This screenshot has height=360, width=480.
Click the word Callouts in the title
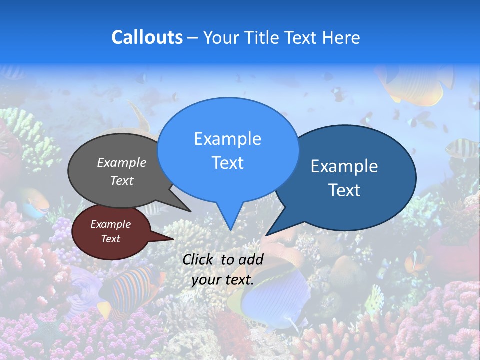(x=147, y=37)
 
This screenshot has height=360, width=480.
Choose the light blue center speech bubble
(x=228, y=150)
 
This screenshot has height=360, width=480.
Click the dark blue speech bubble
(x=350, y=177)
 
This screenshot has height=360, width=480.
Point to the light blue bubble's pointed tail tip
(x=230, y=230)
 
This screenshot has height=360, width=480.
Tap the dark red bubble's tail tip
(x=173, y=239)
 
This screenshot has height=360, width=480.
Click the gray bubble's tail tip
(x=190, y=211)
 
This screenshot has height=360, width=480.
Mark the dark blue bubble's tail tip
(x=266, y=235)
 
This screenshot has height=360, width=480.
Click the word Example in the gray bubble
(x=122, y=163)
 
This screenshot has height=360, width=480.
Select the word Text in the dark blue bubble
(x=345, y=190)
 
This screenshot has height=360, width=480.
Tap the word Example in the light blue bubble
(x=227, y=139)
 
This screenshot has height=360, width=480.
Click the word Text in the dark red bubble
(x=111, y=239)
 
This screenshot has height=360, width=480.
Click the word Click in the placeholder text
(x=198, y=260)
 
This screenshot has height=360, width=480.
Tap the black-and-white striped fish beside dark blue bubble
(x=460, y=147)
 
